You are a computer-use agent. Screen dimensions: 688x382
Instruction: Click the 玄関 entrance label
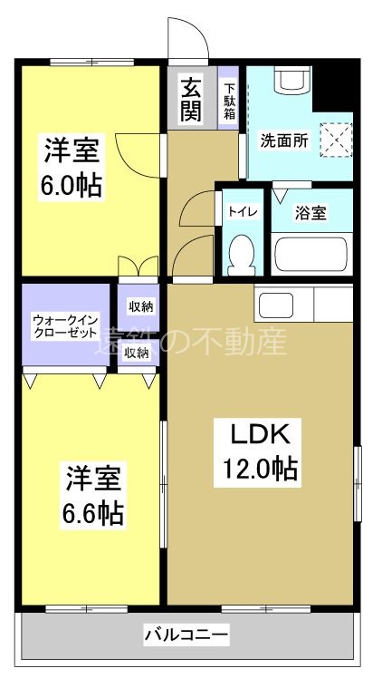pyautogui.click(x=191, y=100)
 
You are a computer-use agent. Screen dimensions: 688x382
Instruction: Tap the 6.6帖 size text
pyautogui.click(x=93, y=513)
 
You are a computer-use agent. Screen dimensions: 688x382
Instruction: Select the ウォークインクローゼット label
pyautogui.click(x=64, y=325)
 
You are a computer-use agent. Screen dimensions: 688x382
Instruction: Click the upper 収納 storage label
pyautogui.click(x=138, y=305)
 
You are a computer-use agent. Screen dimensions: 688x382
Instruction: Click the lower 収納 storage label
pyautogui.click(x=137, y=353)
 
